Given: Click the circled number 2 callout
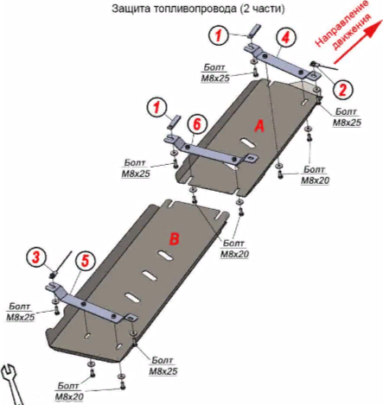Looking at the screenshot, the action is pos(343,89).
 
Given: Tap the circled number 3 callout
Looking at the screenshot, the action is pos(35,257).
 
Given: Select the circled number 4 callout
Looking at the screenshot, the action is pos(285,37).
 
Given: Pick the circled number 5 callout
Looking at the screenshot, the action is pos(86,262).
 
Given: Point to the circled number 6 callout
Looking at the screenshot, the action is pos(197,124).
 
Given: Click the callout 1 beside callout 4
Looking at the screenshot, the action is pos(219,35).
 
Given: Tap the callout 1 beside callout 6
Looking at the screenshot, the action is pos(157,107).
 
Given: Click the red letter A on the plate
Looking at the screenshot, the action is pos(259,126).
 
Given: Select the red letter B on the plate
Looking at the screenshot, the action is pos(174,238).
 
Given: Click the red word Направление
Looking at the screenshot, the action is pos(341,23).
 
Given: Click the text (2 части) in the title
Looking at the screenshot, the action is pos(262,9).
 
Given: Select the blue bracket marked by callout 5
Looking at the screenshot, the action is pos(91,302).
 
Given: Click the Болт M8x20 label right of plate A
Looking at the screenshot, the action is pos(315,175).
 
